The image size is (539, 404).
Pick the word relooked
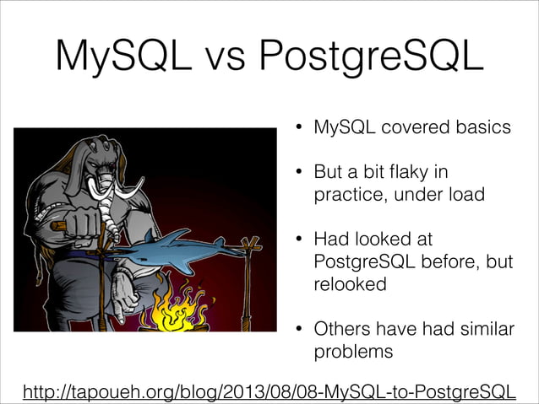click(x=350, y=284)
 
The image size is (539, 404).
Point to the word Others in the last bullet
click(x=340, y=328)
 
